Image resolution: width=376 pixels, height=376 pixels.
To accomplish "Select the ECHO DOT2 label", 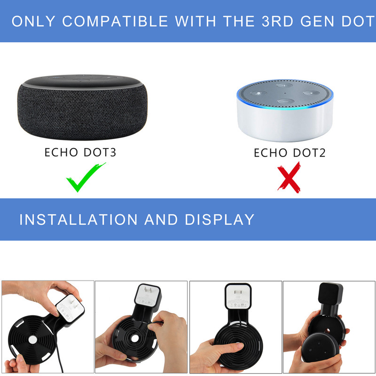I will (x=290, y=153).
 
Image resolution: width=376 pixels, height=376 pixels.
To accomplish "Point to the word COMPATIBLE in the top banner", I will (x=115, y=21).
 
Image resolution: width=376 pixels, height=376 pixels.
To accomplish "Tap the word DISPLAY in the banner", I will (x=219, y=219).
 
